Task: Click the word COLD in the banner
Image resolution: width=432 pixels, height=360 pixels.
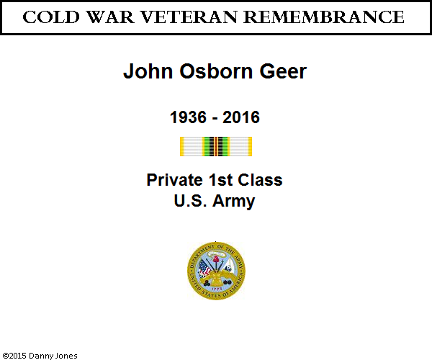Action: [x=51, y=17]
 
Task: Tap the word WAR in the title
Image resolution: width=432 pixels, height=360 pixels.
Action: [x=110, y=17]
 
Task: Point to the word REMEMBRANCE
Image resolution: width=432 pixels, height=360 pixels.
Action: [x=324, y=17]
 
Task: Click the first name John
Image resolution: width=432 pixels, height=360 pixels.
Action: [x=148, y=71]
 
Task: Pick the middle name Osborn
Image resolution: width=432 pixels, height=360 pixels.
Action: [x=216, y=71]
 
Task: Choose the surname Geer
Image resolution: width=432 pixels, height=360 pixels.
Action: [x=283, y=71]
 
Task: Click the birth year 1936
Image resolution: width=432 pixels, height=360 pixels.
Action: [x=188, y=117]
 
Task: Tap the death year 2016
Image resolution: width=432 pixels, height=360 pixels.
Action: [x=241, y=117]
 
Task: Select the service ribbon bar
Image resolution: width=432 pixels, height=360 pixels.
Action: [x=216, y=147]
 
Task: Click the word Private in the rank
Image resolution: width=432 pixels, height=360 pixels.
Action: [x=174, y=180]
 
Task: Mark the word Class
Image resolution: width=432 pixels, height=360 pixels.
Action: [x=260, y=180]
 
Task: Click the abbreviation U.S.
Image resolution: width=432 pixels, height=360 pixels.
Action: [x=190, y=201]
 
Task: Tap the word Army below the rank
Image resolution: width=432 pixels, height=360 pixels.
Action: [x=233, y=202]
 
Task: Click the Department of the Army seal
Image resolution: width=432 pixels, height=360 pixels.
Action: [x=216, y=271]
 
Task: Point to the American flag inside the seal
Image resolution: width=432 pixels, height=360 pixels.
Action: [x=204, y=268]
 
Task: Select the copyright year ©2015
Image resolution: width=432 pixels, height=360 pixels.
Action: [x=14, y=356]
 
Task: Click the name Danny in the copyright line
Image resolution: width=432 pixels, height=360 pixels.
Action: [x=41, y=356]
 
